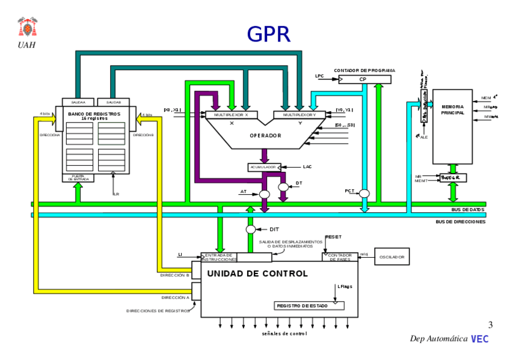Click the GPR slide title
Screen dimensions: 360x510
point(268,34)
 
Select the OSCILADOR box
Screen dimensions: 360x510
point(392,257)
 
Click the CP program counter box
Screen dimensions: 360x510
point(363,79)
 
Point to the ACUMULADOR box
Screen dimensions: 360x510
point(264,167)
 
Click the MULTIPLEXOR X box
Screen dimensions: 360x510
point(232,114)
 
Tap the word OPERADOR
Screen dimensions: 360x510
point(265,136)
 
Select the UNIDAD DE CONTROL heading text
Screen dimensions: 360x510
point(257,273)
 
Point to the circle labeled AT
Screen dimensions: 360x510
point(263,194)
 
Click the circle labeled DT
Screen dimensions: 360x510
point(284,188)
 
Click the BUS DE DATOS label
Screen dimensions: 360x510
point(467,209)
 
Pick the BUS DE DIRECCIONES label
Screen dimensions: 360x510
point(460,221)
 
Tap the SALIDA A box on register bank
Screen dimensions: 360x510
point(79,102)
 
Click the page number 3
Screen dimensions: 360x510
point(490,325)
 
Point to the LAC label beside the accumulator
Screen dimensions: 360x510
point(307,166)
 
